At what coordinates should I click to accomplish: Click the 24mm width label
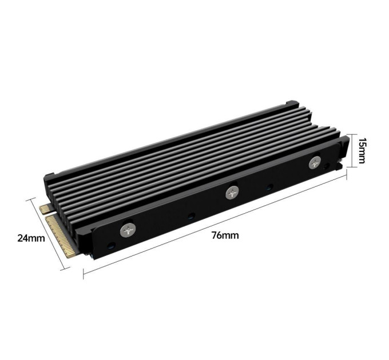[x=31, y=238]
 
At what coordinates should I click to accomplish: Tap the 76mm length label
[x=225, y=235]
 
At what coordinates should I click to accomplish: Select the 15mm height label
[x=362, y=150]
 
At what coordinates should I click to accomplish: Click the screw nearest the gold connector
[x=128, y=230]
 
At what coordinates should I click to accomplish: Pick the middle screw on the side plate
[x=232, y=193]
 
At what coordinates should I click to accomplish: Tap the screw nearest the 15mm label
[x=315, y=163]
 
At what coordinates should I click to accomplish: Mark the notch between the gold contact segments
[x=50, y=214]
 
